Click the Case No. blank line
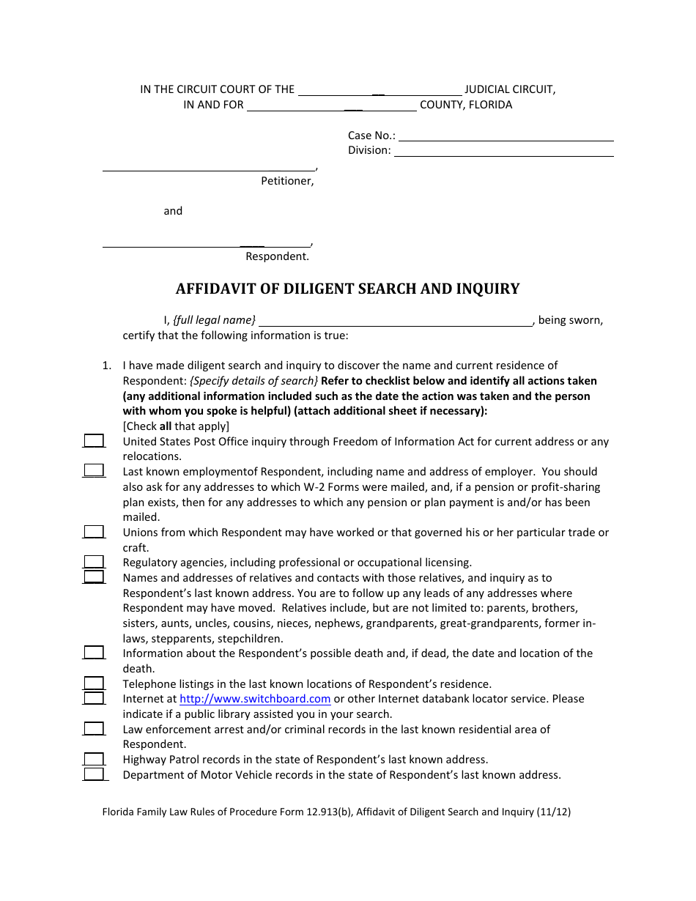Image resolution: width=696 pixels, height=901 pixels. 506,136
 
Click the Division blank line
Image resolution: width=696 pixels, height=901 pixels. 503,152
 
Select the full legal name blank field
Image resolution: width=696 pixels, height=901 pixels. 396,321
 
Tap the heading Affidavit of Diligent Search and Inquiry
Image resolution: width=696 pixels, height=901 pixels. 347,289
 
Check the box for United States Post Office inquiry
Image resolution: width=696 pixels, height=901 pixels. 94,441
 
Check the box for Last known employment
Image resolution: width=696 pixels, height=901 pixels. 94,471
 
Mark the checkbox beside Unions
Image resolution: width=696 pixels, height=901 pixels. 94,532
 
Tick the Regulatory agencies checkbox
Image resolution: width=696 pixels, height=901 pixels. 94,562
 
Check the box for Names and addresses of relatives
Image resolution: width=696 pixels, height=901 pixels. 94,577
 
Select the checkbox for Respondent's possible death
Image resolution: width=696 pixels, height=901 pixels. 94,653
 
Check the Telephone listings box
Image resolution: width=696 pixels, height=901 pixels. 94,683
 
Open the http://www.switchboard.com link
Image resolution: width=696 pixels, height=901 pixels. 255,699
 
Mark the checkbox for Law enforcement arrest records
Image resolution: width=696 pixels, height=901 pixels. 94,729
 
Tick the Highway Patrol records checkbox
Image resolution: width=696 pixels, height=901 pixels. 94,759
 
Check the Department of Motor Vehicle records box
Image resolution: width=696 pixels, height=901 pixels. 94,774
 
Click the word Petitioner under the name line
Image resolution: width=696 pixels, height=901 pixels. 287,181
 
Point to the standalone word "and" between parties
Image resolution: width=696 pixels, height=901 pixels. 173,211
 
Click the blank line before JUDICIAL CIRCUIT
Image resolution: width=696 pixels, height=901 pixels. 380,91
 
